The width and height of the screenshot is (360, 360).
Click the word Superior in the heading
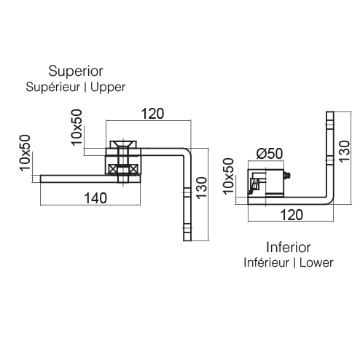coord(76,71)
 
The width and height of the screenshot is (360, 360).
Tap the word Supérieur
coord(53,87)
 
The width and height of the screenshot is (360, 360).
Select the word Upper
coord(108,87)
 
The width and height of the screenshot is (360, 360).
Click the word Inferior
coord(289,247)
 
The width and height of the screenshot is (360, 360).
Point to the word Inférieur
coord(266,262)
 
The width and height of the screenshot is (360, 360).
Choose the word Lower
coord(316,263)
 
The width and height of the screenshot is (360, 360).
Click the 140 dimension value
coord(95,198)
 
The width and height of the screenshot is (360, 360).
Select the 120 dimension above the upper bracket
coord(152,114)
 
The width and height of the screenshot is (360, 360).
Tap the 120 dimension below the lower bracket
coord(291,215)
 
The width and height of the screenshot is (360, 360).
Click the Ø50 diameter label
coord(270,154)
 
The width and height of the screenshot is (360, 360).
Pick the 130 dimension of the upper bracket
coord(202,188)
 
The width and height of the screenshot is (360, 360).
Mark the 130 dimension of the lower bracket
coord(344,152)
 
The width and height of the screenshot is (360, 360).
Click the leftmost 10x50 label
coord(25,153)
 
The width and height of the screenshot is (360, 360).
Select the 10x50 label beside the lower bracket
coord(228,176)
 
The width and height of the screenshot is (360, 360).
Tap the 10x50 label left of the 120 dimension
coord(77,128)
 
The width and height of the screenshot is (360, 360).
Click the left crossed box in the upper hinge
coord(112,169)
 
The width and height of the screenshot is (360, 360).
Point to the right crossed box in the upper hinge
coord(133,169)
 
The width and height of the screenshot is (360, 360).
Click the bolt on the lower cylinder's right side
coord(287,176)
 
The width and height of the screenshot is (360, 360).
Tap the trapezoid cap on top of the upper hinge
coord(123,144)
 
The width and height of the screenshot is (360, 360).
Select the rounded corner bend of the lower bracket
coord(329,200)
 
